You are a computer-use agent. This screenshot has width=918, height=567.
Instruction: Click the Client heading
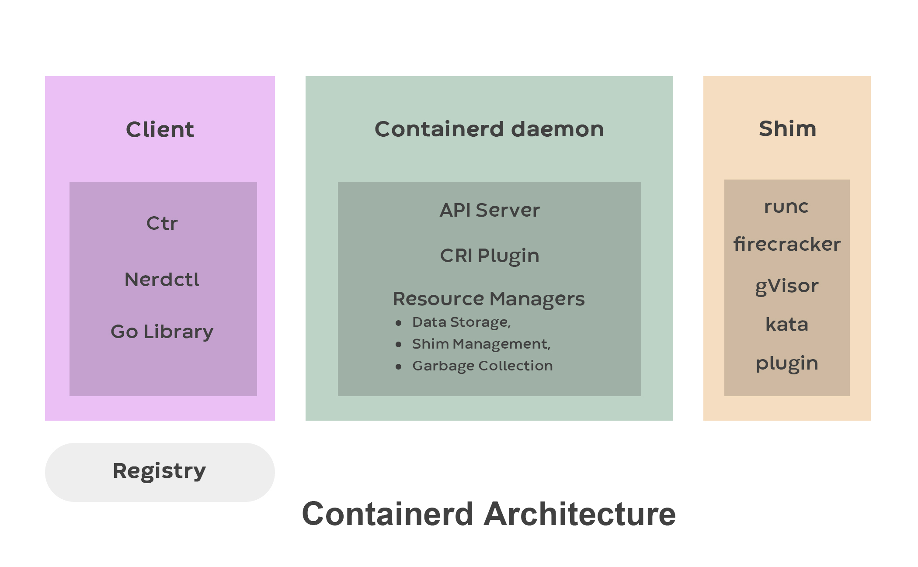(160, 130)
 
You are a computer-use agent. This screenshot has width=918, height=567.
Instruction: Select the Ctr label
(162, 224)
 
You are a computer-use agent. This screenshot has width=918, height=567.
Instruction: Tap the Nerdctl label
(162, 280)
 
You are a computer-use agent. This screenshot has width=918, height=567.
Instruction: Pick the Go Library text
(162, 332)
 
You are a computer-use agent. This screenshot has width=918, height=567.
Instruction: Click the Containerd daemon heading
(489, 129)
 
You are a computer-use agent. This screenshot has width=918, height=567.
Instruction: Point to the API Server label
(490, 210)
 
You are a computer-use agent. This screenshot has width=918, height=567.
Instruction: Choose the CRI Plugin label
(490, 256)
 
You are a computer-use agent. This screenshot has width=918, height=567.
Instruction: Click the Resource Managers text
(488, 299)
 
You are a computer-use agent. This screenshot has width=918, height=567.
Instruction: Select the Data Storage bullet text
(461, 322)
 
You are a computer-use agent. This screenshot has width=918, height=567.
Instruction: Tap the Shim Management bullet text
(481, 344)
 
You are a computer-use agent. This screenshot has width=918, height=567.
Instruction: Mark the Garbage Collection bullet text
(482, 366)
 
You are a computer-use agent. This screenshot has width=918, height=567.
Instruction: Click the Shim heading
(787, 129)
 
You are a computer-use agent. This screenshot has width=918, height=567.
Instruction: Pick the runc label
(786, 207)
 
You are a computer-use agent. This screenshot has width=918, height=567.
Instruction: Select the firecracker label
(787, 244)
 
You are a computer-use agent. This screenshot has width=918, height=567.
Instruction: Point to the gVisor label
(787, 287)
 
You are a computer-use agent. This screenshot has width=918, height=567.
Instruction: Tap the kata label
(787, 325)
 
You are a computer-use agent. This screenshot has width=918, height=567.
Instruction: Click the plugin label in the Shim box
(787, 363)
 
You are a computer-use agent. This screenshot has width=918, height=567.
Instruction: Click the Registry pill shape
(160, 472)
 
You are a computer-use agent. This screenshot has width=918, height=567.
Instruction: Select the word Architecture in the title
(580, 514)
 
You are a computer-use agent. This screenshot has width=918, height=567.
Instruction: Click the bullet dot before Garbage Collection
(398, 366)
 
